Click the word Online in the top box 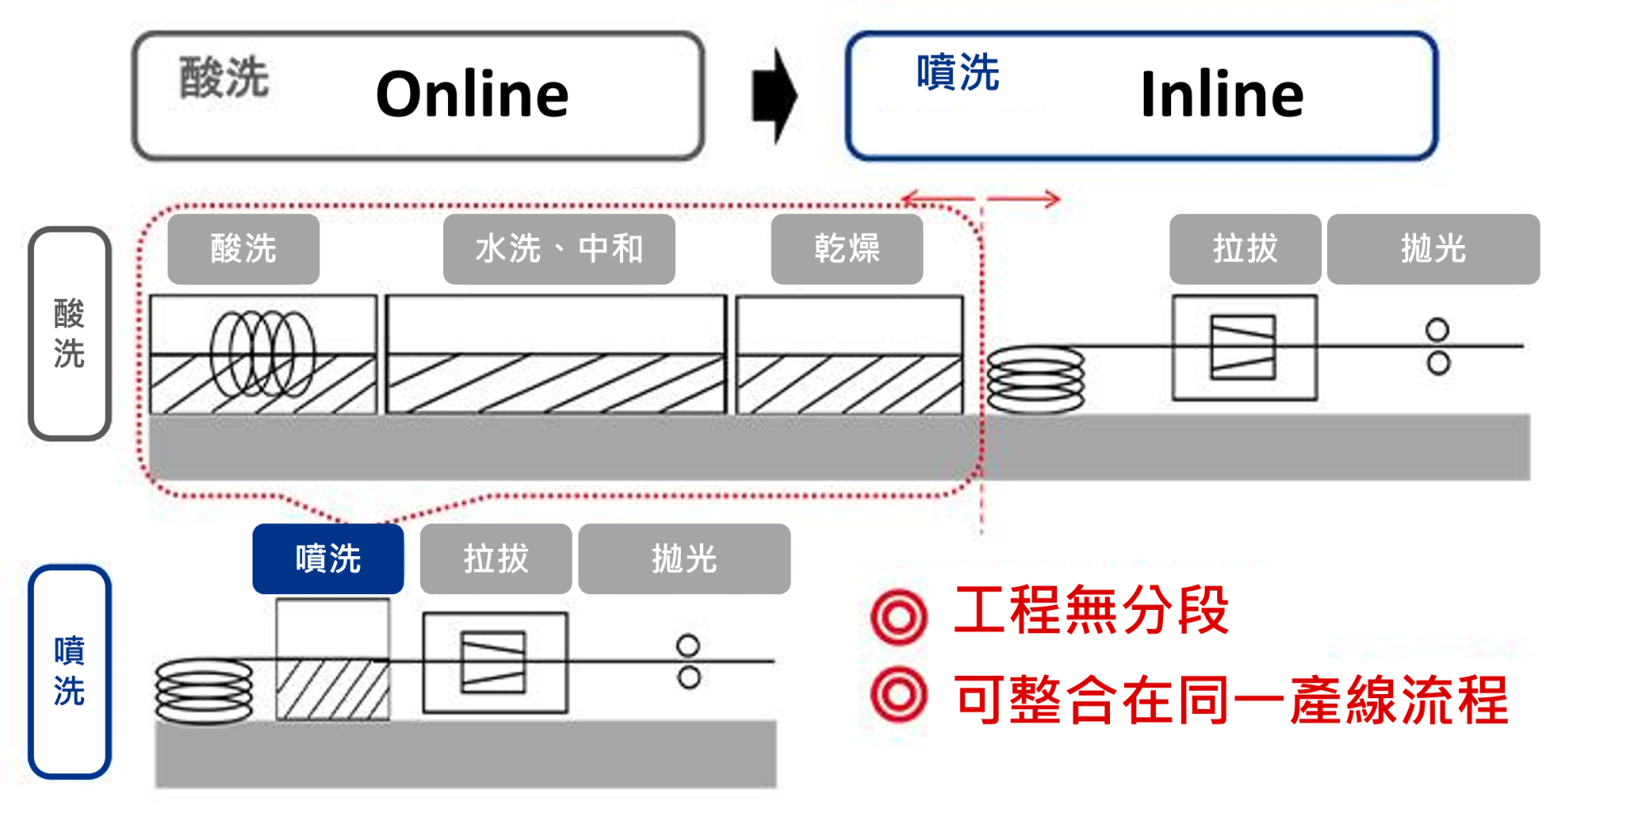click(x=472, y=95)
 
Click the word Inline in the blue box click(x=1221, y=95)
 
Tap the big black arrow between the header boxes click(x=774, y=96)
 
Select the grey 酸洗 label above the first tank click(x=243, y=248)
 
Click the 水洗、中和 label click(x=559, y=248)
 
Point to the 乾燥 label click(x=847, y=248)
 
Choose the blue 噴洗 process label click(x=328, y=559)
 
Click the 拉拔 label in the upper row click(x=1244, y=248)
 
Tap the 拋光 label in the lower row click(x=684, y=559)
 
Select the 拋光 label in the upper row click(x=1433, y=248)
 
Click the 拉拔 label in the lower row click(x=495, y=559)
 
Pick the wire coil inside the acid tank click(x=262, y=354)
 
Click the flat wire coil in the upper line click(x=1036, y=380)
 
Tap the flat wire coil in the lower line click(x=204, y=692)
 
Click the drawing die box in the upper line click(x=1244, y=347)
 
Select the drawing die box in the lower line click(x=494, y=663)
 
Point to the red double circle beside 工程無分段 click(x=899, y=616)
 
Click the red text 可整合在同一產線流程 click(x=1230, y=700)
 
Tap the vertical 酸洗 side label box click(x=70, y=333)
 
